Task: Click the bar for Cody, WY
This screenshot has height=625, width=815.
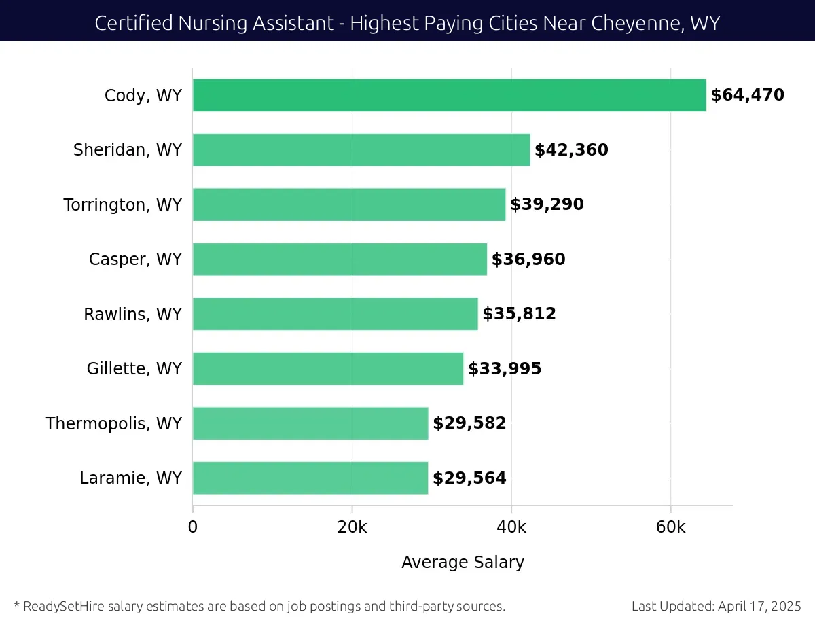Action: [449, 95]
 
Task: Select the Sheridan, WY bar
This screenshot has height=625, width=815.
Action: [361, 150]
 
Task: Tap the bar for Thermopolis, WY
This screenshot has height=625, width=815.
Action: [310, 423]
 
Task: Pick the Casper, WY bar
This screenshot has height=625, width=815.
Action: [340, 259]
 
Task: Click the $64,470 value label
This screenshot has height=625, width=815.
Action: [747, 95]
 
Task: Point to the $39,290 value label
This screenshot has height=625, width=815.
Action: [547, 204]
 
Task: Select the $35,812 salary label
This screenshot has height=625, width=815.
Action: [519, 314]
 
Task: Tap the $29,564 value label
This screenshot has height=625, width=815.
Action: [469, 478]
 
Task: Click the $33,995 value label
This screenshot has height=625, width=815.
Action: [505, 369]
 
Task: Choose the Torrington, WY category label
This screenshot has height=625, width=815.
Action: [123, 204]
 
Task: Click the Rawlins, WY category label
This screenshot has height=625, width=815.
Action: [133, 314]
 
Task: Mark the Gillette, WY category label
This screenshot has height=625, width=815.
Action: [134, 369]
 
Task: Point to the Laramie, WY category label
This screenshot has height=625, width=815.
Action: [131, 478]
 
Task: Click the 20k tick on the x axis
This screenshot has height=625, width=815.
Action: [352, 528]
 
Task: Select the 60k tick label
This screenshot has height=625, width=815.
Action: [670, 528]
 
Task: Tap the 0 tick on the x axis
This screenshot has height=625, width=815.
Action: [193, 528]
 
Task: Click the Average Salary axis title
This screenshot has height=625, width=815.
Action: [463, 562]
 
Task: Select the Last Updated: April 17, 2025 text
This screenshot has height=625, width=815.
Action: [716, 606]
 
